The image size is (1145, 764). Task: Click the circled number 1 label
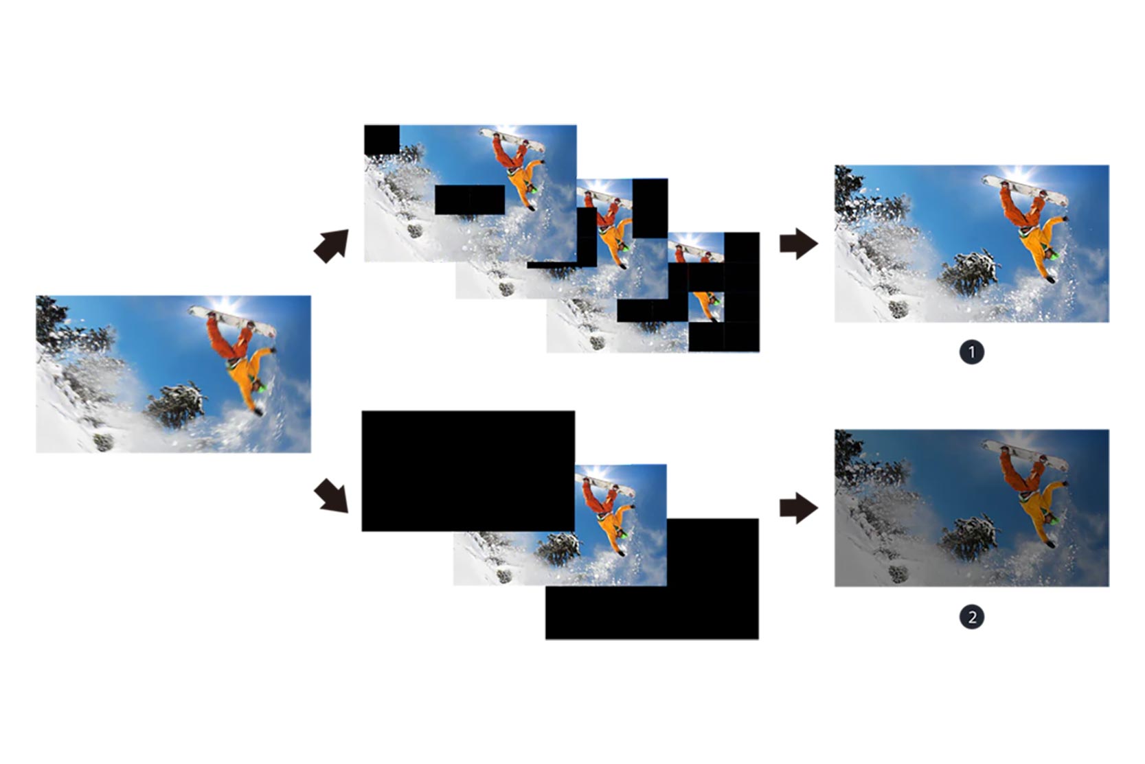coord(971,352)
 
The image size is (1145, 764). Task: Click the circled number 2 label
coord(971,617)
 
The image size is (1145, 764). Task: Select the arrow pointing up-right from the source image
coord(331,246)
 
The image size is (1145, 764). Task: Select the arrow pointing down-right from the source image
coord(331,496)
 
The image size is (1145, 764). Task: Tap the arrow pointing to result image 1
coord(798,244)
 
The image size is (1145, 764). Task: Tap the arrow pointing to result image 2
coord(798,508)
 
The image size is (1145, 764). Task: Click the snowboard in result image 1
coord(1027,190)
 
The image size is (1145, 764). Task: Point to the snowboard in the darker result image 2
coord(1027,455)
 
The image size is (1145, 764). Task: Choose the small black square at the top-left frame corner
coord(381,140)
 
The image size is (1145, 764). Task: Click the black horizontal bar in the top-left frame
coord(470,199)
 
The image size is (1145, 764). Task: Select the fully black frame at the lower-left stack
coord(467,470)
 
